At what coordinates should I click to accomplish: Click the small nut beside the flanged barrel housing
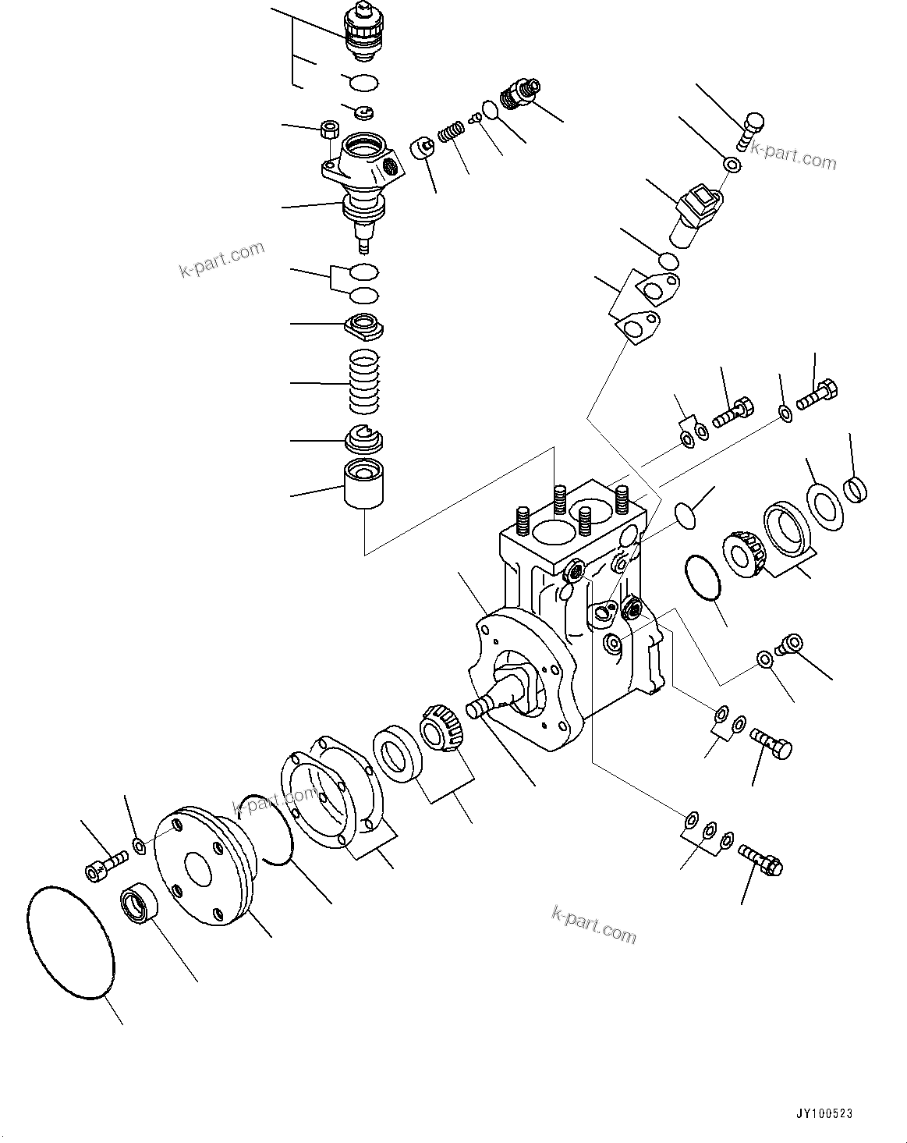pos(329,129)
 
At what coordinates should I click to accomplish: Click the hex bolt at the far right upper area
pos(818,393)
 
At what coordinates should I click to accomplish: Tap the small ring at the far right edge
pos(856,490)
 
